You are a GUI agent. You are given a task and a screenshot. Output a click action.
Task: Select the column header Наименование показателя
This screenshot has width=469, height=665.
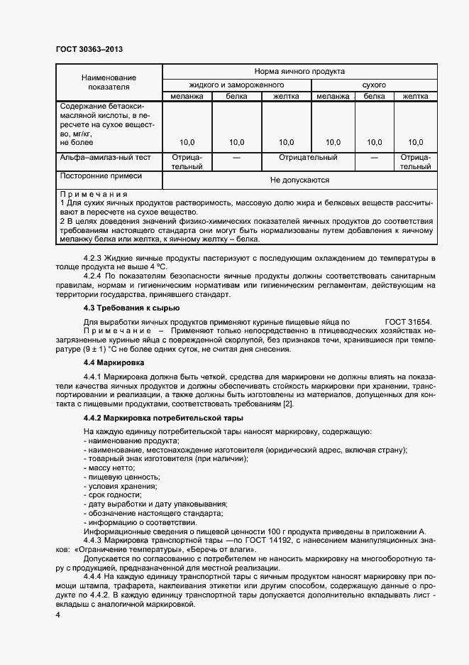pos(108,81)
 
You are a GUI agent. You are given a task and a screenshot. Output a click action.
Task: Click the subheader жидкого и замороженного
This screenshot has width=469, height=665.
pos(237,85)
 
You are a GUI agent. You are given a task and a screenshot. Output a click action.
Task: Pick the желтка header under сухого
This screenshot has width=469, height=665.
pos(415,97)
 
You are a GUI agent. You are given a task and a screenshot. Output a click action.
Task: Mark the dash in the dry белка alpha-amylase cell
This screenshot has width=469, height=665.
pos(375,157)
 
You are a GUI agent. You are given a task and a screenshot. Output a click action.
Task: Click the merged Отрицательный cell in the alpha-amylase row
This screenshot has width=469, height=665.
pos(308,157)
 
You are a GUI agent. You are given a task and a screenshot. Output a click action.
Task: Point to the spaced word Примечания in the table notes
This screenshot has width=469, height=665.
pos(94,194)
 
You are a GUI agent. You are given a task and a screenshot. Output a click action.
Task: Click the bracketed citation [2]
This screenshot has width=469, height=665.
pos(288,404)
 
